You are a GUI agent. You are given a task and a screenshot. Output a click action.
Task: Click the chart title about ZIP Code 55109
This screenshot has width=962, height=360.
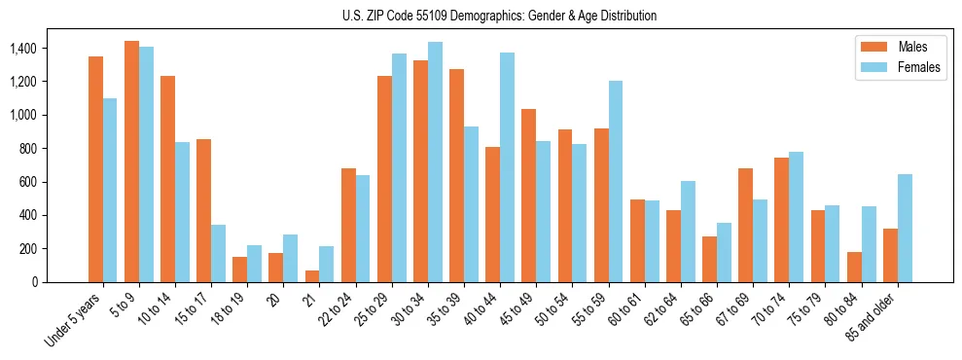[x=499, y=16]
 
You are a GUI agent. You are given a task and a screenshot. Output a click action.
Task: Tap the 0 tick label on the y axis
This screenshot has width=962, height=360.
[x=33, y=282]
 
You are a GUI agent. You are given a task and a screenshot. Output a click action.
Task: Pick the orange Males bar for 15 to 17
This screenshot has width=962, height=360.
[x=203, y=210]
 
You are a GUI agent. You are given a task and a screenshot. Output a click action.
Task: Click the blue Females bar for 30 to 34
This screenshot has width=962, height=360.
[x=435, y=162]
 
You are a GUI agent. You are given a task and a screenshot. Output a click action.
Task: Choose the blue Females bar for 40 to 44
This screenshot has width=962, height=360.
[x=507, y=167]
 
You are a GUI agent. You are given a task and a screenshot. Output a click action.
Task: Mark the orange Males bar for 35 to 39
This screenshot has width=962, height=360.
[x=457, y=175]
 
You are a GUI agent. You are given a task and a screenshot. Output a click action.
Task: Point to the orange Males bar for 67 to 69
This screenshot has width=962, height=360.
[x=746, y=225]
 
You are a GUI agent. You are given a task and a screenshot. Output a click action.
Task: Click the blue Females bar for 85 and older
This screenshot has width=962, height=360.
[x=905, y=228]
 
